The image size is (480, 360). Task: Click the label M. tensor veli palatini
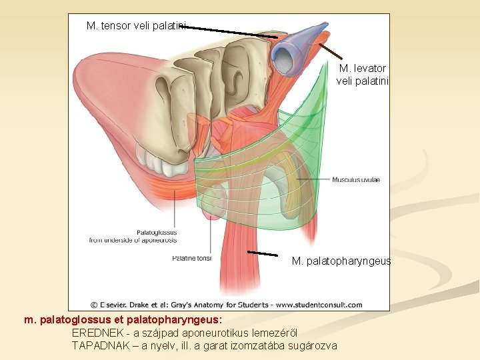(137, 26)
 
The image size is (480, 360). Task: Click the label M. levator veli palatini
(362, 74)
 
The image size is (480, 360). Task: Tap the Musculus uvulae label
(356, 180)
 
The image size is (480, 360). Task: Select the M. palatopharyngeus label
(341, 261)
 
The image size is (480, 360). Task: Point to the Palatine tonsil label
(191, 257)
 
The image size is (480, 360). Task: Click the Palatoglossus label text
(157, 233)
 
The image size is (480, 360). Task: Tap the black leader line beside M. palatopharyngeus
(263, 253)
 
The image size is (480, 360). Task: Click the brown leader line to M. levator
(331, 51)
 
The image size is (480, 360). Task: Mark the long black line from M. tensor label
(233, 31)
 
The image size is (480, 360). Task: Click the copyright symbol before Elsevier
(94, 305)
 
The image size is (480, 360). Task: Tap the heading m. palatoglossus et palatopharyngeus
(118, 320)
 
